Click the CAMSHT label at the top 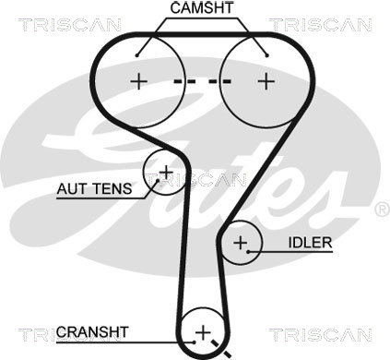point(200,7)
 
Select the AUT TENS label point(93,189)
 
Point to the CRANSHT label point(92,330)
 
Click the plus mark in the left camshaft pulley point(139,80)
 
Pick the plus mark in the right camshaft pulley point(266,80)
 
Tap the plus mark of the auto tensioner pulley point(166,171)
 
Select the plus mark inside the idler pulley point(241,244)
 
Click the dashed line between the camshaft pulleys point(203,80)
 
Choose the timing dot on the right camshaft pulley point(266,54)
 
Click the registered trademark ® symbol point(381,210)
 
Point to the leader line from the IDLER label point(273,243)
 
